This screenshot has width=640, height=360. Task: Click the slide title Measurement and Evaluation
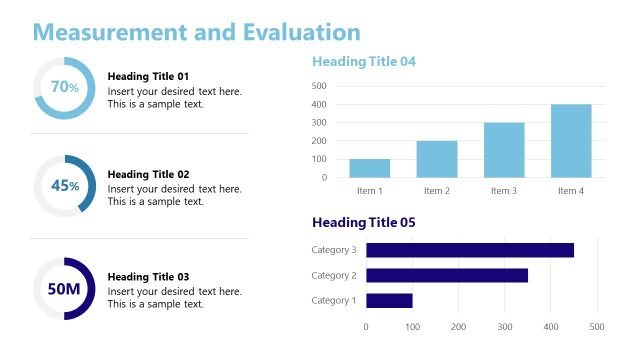pyautogui.click(x=196, y=32)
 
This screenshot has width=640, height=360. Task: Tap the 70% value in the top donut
pyautogui.click(x=64, y=87)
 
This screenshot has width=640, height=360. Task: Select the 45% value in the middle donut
pyautogui.click(x=64, y=186)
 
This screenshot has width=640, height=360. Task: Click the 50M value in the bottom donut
pyautogui.click(x=64, y=289)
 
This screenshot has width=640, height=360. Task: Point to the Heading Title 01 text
pyautogui.click(x=148, y=77)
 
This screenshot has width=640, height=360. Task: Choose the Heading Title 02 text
pyautogui.click(x=148, y=174)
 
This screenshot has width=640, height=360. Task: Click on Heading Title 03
pyautogui.click(x=148, y=277)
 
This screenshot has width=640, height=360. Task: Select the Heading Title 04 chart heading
pyautogui.click(x=363, y=62)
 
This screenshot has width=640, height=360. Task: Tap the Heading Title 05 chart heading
pyautogui.click(x=363, y=222)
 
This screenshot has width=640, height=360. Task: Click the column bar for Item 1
pyautogui.click(x=370, y=168)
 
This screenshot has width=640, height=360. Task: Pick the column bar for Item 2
pyautogui.click(x=437, y=159)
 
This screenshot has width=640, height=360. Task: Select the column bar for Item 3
pyautogui.click(x=504, y=150)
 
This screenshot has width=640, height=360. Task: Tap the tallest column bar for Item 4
pyautogui.click(x=571, y=141)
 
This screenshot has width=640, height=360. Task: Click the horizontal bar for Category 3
pyautogui.click(x=469, y=250)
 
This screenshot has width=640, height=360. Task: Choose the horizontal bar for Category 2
pyautogui.click(x=446, y=275)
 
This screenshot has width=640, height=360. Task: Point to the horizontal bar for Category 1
pyautogui.click(x=389, y=300)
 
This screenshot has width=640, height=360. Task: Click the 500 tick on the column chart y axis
pyautogui.click(x=319, y=86)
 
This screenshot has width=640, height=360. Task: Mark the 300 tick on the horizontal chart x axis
pyautogui.click(x=505, y=327)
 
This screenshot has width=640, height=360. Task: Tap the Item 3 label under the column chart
pyautogui.click(x=504, y=190)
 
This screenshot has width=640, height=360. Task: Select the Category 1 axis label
pyautogui.click(x=333, y=300)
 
